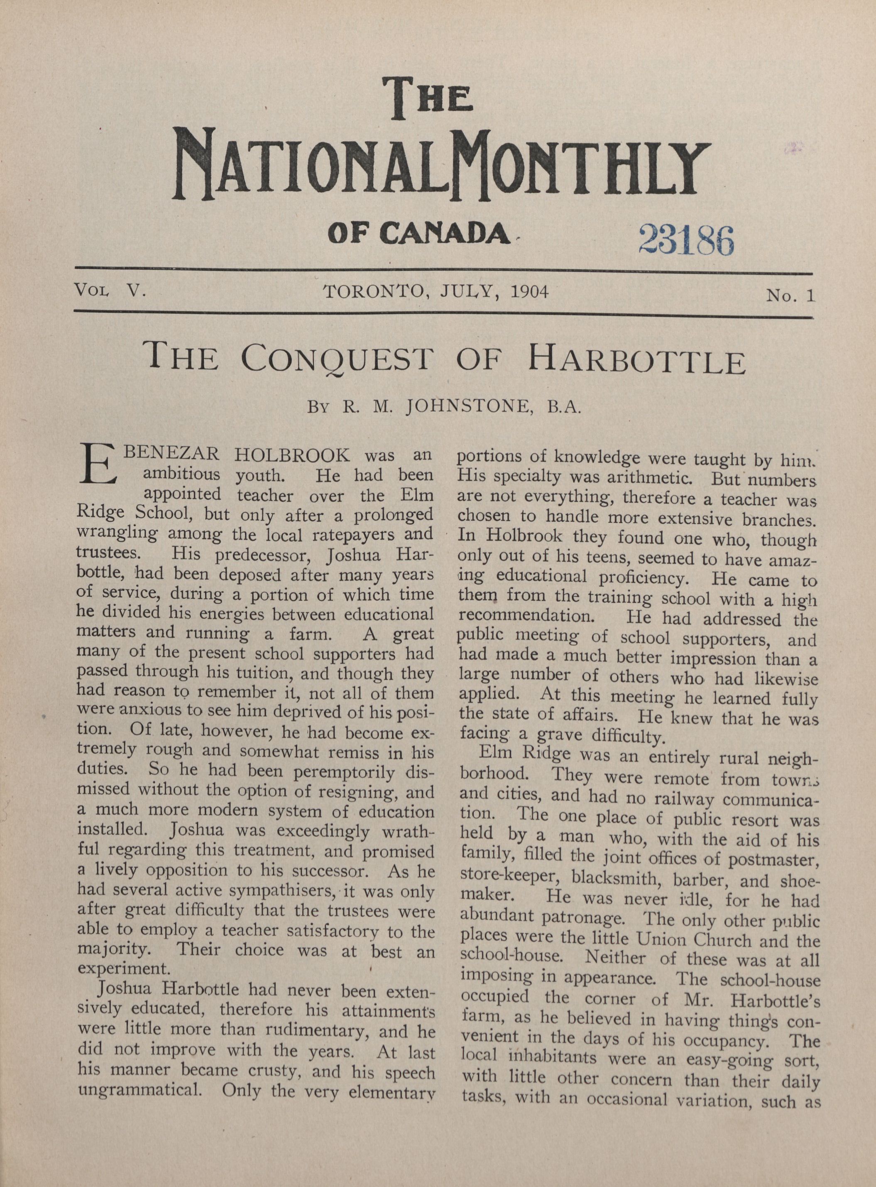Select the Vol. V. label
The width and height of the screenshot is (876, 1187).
(x=111, y=290)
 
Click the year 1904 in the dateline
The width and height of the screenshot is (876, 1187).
(x=528, y=292)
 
